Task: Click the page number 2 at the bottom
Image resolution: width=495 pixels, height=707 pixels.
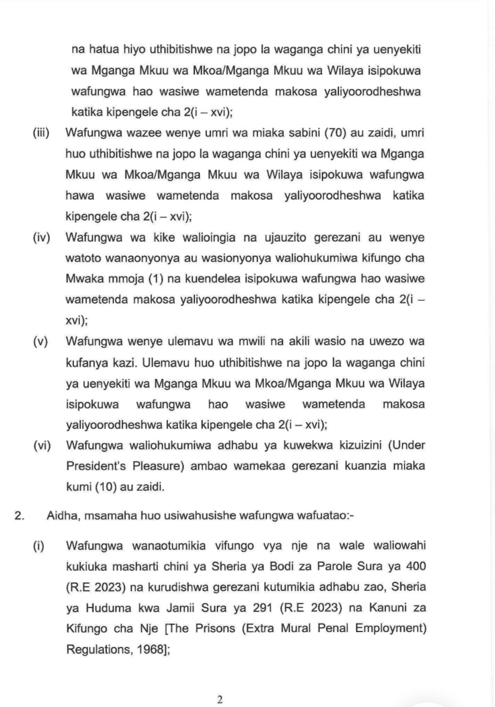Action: tap(219, 700)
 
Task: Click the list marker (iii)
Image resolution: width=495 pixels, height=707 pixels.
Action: tap(41, 133)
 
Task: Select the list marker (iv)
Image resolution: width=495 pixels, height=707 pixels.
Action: tap(41, 237)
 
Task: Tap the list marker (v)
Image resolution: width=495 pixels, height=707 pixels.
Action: tap(41, 341)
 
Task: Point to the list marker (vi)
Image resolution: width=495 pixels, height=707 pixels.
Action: tap(42, 445)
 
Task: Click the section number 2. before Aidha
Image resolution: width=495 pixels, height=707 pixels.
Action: tap(20, 516)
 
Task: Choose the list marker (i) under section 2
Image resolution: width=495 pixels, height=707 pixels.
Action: tap(38, 546)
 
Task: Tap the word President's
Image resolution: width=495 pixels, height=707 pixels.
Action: tap(97, 466)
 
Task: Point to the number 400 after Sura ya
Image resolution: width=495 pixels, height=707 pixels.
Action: tap(416, 566)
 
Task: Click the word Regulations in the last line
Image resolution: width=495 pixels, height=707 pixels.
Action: tap(95, 650)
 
